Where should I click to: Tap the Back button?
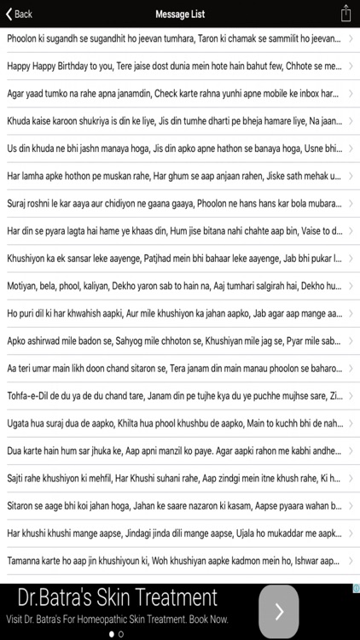pos(19,14)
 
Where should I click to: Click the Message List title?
pos(180,14)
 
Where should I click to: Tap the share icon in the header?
pos(345,14)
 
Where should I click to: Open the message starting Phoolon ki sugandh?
pos(171,38)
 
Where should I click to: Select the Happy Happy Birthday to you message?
pos(171,66)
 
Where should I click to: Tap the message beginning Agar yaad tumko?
pos(171,93)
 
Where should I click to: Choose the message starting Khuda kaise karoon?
pos(171,120)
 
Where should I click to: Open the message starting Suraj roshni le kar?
pos(171,204)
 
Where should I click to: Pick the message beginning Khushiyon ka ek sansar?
pos(171,259)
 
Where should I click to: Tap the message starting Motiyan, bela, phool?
pos(171,286)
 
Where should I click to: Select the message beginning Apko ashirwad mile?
pos(171,340)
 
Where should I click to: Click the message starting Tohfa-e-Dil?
pos(171,396)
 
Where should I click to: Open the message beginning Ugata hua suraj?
pos(171,423)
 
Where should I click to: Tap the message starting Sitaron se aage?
pos(171,505)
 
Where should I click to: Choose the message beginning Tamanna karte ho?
pos(171,561)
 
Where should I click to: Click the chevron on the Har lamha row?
pos(351,176)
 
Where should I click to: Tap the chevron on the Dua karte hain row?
pos(351,451)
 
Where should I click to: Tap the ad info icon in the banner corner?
pos(355,588)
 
